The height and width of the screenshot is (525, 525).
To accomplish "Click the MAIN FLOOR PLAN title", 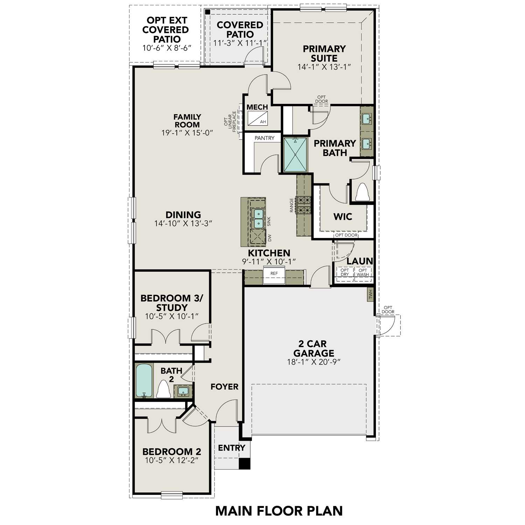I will coord(279,511).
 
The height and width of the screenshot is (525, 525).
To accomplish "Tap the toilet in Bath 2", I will coord(163,390).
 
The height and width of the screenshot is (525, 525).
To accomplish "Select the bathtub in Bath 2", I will coord(144,380).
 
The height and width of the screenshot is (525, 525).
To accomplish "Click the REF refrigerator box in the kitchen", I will coord(274,276).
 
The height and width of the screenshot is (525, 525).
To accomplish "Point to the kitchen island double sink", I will coord(258,218).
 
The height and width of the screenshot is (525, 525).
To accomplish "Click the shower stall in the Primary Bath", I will coord(295,155).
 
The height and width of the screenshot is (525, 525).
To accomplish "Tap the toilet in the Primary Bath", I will coord(363,192).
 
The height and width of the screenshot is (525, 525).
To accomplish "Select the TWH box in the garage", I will coord(371,294).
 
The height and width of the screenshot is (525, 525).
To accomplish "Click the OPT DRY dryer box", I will coord(345,272).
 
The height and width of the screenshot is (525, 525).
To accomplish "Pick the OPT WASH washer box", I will coord(363,272).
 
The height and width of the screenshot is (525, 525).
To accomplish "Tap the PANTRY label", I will coord(264,138).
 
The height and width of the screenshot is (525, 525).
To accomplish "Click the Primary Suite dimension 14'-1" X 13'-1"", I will coord(324,67).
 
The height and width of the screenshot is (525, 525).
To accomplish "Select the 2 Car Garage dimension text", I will coord(314,362).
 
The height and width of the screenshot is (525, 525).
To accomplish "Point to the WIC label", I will coord(343,217).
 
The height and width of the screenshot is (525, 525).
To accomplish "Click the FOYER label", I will coord(224,387).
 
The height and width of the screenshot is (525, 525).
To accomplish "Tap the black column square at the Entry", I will coord(245,463).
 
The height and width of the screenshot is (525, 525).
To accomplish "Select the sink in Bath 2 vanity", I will coord(183,391).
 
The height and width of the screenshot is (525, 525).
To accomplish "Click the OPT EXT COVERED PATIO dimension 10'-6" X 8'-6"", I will coord(167,48).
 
